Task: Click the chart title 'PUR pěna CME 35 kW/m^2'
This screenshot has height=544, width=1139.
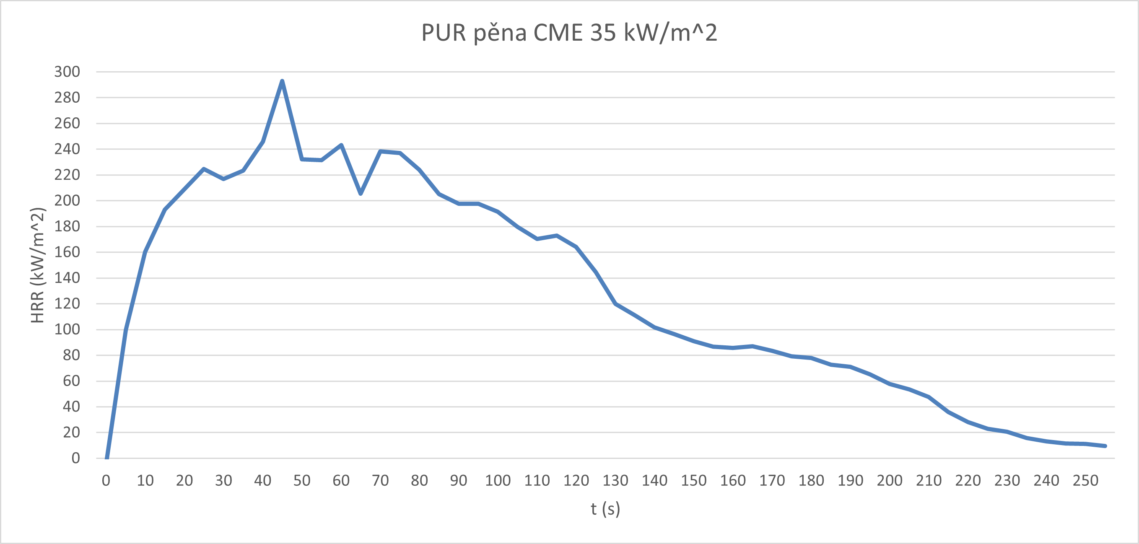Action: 569,33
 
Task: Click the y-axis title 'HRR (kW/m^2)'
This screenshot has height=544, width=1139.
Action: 38,265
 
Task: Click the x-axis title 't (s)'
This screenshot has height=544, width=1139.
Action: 605,509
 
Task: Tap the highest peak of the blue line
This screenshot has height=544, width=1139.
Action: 282,81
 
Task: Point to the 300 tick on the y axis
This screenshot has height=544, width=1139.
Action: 67,72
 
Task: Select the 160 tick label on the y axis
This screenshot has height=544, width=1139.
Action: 67,252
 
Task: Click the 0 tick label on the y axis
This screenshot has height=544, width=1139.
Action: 75,458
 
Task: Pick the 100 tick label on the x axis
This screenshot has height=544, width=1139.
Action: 498,480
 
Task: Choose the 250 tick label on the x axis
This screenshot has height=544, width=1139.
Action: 1085,480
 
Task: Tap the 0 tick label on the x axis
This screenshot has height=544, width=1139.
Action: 106,480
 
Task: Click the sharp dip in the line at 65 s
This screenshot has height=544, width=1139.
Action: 361,194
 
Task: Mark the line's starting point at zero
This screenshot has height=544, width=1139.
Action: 106,458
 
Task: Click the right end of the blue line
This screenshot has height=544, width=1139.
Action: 1105,446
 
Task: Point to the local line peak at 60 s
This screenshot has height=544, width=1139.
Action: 341,145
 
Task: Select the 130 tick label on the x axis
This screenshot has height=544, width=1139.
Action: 615,480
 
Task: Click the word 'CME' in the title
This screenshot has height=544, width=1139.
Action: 558,33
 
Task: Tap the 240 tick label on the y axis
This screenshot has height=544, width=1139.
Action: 67,149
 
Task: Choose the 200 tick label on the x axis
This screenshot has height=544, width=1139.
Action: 890,480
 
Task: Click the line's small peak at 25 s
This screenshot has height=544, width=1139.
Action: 204,169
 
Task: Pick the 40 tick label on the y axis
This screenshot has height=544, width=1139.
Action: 71,407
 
